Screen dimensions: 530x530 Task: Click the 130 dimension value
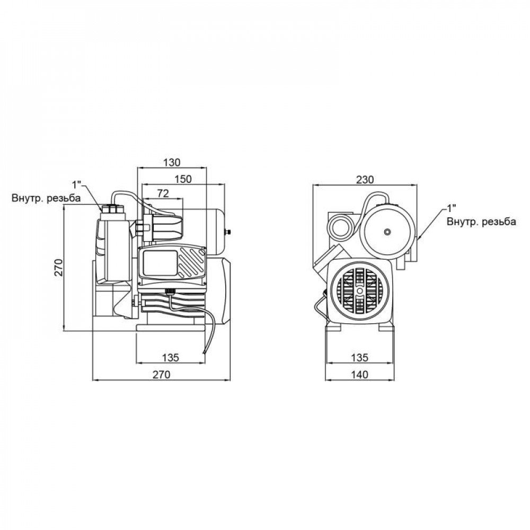click(x=172, y=162)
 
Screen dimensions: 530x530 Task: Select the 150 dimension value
click(x=182, y=179)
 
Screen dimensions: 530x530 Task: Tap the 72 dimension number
click(x=163, y=194)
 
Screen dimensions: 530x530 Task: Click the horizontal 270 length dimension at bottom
click(x=161, y=375)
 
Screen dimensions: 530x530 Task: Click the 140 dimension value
click(x=359, y=375)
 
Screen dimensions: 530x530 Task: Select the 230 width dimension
click(x=365, y=179)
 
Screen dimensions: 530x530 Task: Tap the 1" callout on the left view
click(x=78, y=185)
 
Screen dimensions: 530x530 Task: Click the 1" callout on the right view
click(x=452, y=207)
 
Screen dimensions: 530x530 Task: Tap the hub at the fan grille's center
click(x=359, y=291)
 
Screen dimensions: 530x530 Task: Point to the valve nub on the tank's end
click(x=230, y=232)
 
